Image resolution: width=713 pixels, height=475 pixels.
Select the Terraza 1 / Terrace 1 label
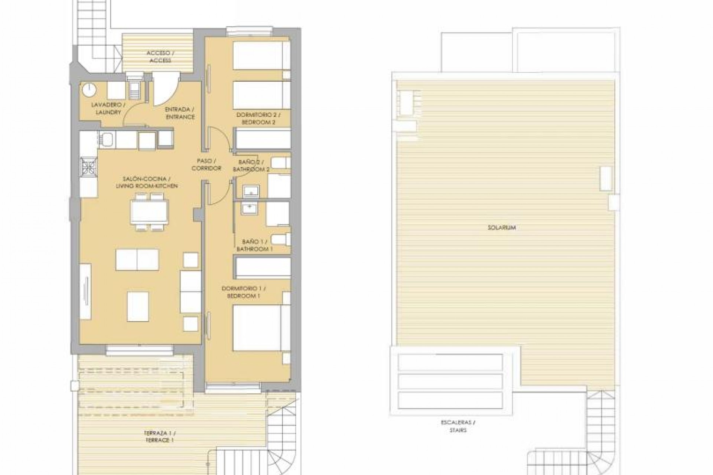click(160, 436)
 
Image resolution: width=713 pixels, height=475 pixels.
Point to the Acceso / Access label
click(160, 57)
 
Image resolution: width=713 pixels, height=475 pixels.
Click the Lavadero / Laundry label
click(106, 108)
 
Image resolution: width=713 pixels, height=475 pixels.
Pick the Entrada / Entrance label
click(180, 113)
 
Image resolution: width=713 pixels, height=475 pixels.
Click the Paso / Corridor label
click(206, 165)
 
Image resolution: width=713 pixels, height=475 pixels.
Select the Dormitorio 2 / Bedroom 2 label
click(258, 118)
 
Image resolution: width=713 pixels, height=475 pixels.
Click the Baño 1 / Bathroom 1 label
click(255, 245)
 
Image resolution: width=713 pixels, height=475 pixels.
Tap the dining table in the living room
click(149, 212)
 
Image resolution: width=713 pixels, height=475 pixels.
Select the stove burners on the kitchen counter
click(89, 167)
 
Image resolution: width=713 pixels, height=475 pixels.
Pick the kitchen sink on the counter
click(108, 140)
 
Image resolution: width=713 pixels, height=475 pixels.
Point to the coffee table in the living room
click(138, 307)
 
